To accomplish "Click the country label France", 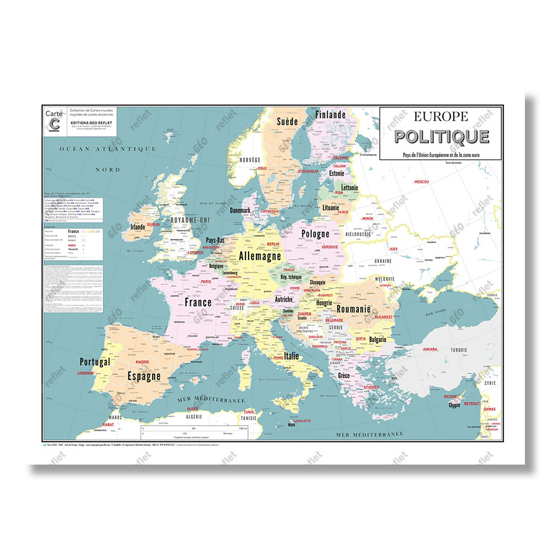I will pos(198,302).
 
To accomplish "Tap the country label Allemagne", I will pos(261,256).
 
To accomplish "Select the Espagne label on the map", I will pos(144,376).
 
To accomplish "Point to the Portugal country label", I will pos(95,362).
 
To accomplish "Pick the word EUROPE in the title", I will pos(441,116).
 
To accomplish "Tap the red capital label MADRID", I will pos(142,362).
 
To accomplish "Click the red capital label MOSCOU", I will pos(421,182).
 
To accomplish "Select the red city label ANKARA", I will pos(430,349).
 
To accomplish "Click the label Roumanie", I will pos(354,309).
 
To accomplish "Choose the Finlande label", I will pos(330,115).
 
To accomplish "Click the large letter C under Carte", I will pos(55,124).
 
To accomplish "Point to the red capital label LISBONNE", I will pos(85,373).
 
